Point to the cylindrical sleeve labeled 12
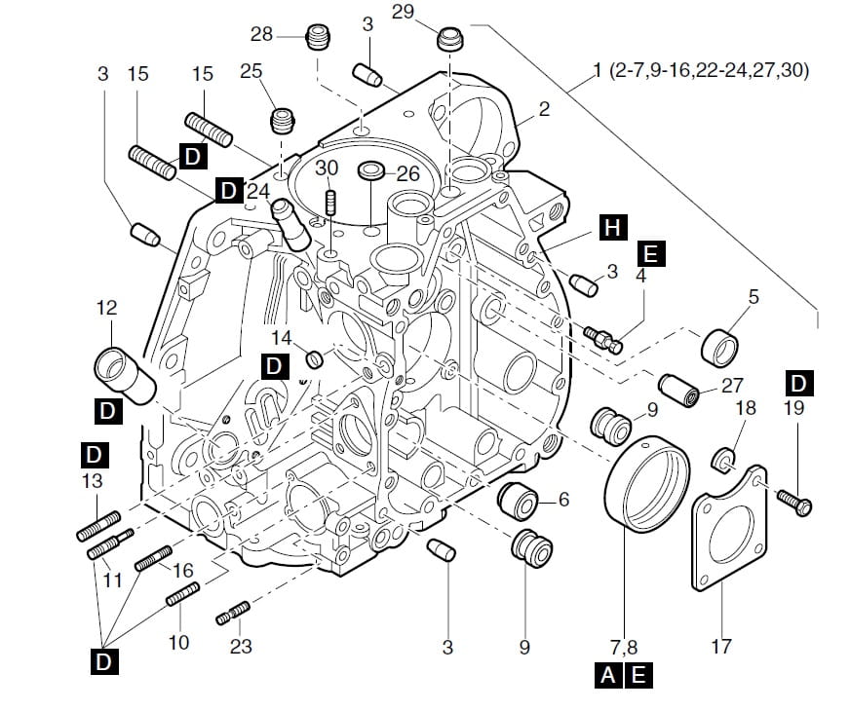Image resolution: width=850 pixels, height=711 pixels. (124, 375)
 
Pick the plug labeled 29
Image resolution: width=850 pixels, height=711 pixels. (448, 40)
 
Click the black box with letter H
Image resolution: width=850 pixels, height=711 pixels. (612, 230)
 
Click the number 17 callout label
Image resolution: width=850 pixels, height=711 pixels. (720, 647)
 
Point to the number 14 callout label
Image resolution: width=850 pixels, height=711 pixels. (282, 337)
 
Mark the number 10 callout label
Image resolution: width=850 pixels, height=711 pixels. (178, 643)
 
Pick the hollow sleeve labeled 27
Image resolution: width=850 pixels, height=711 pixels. (677, 390)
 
